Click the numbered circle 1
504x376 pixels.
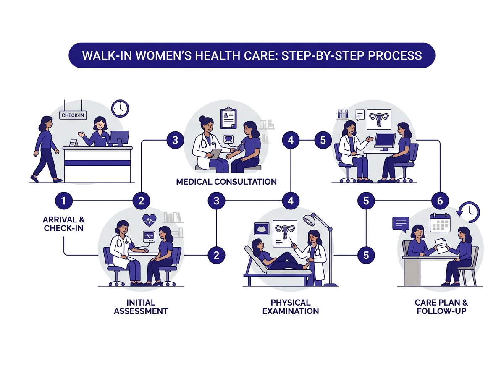63,201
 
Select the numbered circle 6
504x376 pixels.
440,201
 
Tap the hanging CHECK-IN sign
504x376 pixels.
73,115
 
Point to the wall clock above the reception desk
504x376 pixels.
120,108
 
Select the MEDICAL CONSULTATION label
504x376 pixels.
226,182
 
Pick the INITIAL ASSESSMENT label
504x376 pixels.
141,307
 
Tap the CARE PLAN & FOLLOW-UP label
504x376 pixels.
441,307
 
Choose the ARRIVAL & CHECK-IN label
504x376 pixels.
64,223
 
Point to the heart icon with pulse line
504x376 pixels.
150,219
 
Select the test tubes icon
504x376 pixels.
343,114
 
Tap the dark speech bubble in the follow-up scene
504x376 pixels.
401,224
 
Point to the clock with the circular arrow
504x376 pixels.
469,211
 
